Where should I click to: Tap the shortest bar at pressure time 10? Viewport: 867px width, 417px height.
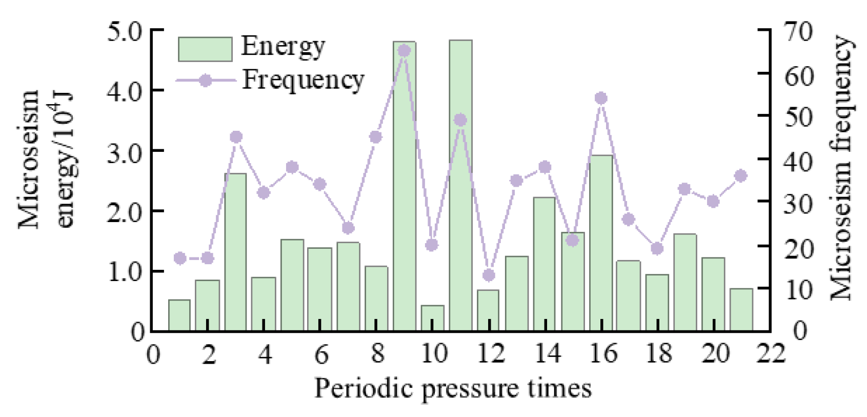click(433, 318)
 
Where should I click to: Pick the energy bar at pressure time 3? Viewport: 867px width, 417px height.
click(235, 251)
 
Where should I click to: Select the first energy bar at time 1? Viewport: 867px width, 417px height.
click(179, 315)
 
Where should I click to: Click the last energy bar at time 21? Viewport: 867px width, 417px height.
click(741, 310)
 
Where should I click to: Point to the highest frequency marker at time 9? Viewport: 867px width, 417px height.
click(404, 51)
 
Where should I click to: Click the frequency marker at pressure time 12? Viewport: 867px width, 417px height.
click(489, 275)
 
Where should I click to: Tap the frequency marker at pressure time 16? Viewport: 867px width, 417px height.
click(601, 98)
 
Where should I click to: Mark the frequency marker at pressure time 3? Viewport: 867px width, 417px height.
click(236, 137)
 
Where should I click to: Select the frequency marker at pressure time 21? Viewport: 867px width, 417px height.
click(741, 176)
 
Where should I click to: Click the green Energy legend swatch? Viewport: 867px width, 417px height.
click(205, 49)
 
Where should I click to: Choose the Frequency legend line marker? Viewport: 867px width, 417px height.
click(205, 81)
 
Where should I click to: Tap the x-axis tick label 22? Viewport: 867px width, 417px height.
click(771, 354)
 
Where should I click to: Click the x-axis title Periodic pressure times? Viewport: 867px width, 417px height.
click(453, 388)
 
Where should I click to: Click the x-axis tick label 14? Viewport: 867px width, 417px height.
click(547, 354)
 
